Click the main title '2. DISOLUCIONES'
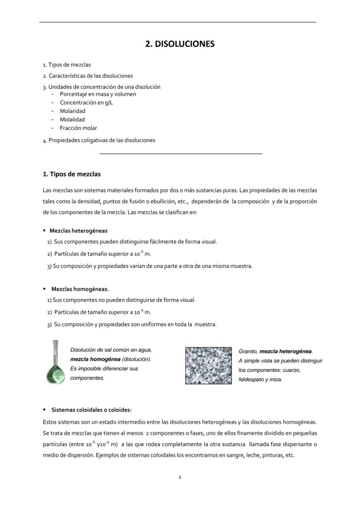pos(180,44)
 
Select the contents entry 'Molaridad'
pos(73,111)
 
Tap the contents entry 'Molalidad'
pos(72,120)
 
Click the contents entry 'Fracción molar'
pos(78,128)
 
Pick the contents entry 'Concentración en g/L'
pos(87,103)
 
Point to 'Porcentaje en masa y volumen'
pos(98,94)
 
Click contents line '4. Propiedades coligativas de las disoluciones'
pos(99,140)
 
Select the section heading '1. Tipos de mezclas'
pos(72,174)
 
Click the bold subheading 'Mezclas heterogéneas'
pos(78,231)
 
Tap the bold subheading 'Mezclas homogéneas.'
pos(80,289)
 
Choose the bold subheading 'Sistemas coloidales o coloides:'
pos(91,410)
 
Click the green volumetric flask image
pos(55,363)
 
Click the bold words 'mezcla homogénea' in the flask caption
pos(95,359)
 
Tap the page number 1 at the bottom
pos(180,477)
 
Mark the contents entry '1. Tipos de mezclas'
pos(67,65)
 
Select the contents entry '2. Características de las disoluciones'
pos(88,76)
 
